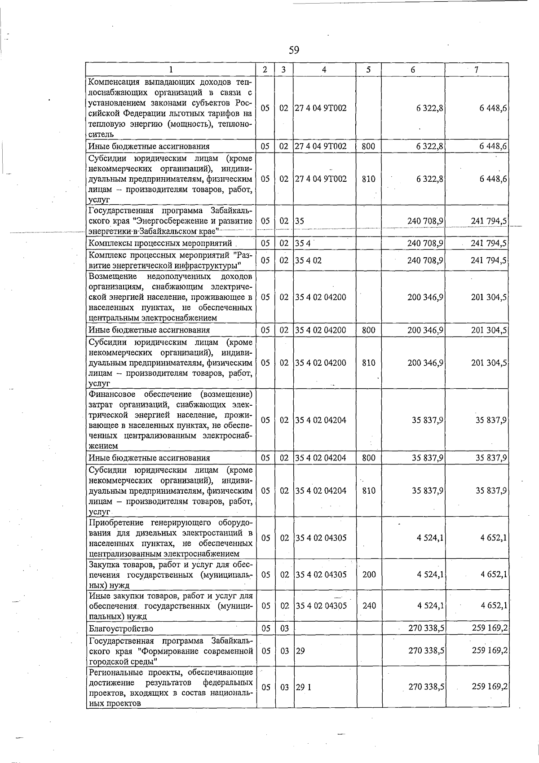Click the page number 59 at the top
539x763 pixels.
[x=294, y=50]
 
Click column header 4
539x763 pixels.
[x=324, y=70]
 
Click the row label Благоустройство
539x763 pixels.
[x=121, y=629]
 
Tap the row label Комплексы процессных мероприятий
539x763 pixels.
[x=160, y=243]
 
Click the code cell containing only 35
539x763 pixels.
[x=300, y=221]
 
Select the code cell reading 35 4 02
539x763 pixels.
[x=308, y=260]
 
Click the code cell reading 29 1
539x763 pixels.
[x=303, y=687]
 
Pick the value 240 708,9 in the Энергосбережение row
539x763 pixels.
[x=425, y=221]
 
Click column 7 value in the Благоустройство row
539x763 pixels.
[x=490, y=628]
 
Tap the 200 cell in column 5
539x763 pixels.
[x=369, y=574]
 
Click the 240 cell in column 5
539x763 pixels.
[x=369, y=606]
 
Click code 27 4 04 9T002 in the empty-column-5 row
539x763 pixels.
[x=321, y=108]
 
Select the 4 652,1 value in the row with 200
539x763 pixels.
[x=494, y=574]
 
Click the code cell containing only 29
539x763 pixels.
[x=300, y=651]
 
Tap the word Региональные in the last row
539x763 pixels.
[x=116, y=672]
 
